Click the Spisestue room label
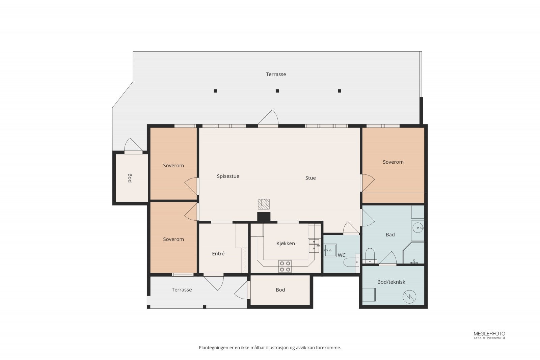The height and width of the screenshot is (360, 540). [x=228, y=176]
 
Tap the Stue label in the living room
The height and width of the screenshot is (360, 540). [x=310, y=178]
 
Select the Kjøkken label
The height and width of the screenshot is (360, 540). [x=286, y=244]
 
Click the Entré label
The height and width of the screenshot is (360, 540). [x=218, y=253]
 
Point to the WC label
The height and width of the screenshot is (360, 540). [x=342, y=255]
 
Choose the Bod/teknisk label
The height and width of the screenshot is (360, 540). [x=391, y=282]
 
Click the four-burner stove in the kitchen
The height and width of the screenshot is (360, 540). [x=285, y=267]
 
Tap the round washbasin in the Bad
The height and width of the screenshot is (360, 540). [x=418, y=228]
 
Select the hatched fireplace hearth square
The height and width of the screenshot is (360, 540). [x=264, y=204]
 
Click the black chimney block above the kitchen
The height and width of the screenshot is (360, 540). [x=264, y=217]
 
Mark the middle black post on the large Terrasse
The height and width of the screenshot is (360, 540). [x=277, y=91]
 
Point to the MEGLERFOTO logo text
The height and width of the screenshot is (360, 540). [x=489, y=334]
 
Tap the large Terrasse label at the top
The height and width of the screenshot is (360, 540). [x=276, y=74]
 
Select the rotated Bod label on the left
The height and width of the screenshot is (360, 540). [x=130, y=178]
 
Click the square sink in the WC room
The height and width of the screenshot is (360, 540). [x=330, y=251]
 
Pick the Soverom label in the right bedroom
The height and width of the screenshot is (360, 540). [x=393, y=162]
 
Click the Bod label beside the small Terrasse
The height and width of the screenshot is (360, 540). [x=280, y=290]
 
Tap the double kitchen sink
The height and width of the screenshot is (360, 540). [x=314, y=246]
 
